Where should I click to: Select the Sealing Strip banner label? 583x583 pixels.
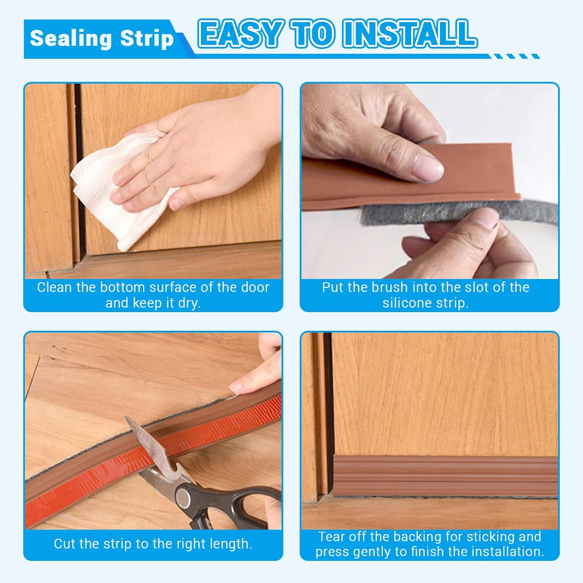[x=101, y=38]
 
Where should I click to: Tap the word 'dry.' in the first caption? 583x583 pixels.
[x=189, y=303]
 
